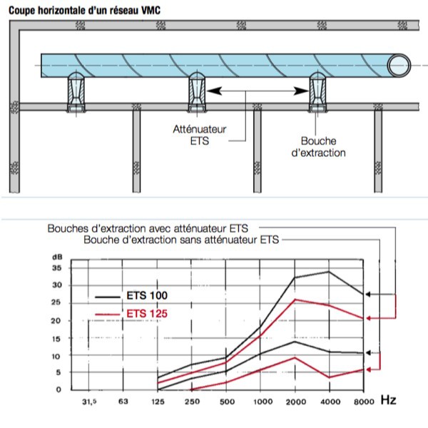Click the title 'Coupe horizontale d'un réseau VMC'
point(84,11)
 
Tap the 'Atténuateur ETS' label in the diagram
point(200,135)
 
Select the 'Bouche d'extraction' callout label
point(319,147)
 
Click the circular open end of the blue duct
point(399,66)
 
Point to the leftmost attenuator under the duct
point(76,92)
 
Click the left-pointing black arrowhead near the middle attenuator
point(214,91)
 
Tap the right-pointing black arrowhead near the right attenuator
point(301,91)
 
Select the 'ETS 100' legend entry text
point(147,295)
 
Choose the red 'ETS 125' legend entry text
point(147,314)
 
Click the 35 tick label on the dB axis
point(57,268)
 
